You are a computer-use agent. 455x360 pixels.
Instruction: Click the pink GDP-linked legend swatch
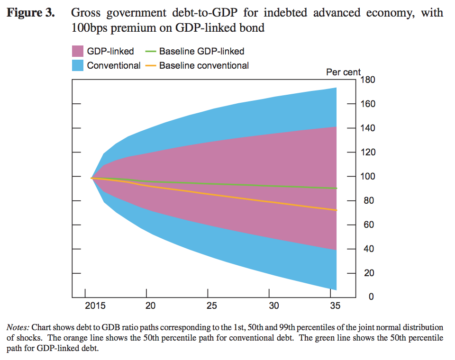78,52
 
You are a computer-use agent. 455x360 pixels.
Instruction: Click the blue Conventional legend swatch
78,65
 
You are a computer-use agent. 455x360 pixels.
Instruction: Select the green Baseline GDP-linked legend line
151,52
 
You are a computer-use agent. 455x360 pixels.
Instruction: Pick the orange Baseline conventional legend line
151,65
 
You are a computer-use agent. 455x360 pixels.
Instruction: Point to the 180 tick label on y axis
368,80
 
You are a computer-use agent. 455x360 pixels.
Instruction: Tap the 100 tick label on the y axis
368,176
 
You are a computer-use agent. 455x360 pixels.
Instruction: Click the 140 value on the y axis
368,128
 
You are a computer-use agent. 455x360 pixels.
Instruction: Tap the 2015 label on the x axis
95,306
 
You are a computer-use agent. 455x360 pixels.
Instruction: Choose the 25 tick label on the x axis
212,306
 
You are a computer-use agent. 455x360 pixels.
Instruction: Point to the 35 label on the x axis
336,306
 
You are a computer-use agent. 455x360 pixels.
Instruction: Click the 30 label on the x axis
274,306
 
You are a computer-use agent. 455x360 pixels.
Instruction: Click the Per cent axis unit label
343,72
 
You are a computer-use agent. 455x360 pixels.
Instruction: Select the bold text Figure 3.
31,13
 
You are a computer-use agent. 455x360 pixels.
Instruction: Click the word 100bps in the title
88,28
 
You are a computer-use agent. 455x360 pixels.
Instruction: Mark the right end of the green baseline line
337,189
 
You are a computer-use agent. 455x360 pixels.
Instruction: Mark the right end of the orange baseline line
337,210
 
